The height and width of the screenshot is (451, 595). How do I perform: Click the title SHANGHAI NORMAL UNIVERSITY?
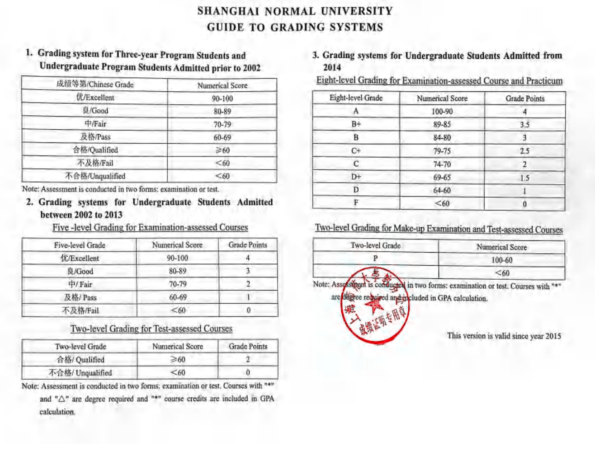(x=295, y=11)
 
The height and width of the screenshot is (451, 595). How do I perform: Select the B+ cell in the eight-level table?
(x=356, y=124)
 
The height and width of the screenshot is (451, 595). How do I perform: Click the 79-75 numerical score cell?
(x=442, y=151)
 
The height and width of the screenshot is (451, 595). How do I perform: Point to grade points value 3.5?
(x=524, y=125)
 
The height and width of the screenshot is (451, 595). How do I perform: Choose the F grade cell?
(x=356, y=203)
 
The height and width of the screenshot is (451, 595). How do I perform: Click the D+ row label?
(x=356, y=177)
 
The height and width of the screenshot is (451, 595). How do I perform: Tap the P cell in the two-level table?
(x=375, y=259)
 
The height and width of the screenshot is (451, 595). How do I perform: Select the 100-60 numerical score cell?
(x=501, y=260)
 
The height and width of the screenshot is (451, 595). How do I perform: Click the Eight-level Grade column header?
(x=356, y=98)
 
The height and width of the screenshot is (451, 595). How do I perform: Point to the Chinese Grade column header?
(x=94, y=85)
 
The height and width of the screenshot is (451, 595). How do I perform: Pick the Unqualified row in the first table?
(x=94, y=176)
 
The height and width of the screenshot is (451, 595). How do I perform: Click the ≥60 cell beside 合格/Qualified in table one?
(x=222, y=150)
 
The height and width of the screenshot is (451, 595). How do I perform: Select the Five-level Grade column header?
(x=79, y=245)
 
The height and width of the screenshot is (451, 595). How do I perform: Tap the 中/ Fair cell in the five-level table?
(x=80, y=285)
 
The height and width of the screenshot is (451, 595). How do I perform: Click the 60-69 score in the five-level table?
(x=178, y=297)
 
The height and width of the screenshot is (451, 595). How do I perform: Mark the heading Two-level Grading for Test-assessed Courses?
(x=151, y=329)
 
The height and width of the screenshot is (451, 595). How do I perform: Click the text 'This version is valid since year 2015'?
(x=504, y=336)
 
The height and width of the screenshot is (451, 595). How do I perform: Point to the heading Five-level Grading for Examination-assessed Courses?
(x=150, y=228)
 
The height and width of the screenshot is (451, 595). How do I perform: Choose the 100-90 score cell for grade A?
(x=442, y=111)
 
